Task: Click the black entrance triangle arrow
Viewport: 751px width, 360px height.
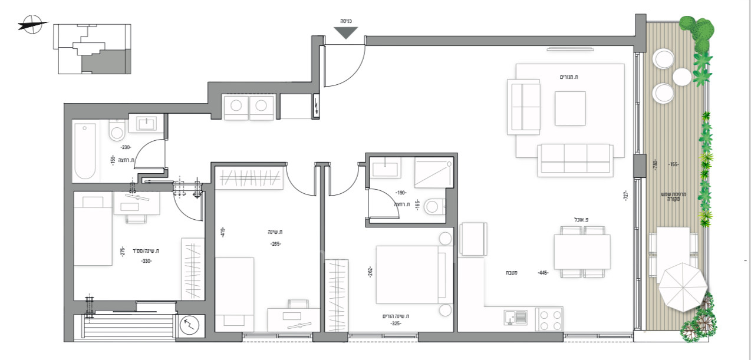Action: pos(346,33)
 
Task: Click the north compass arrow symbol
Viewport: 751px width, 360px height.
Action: pos(32,25)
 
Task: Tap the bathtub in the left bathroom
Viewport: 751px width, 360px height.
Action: pos(85,151)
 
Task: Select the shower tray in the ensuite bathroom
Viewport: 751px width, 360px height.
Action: pos(433,172)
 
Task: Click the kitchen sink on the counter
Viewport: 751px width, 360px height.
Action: pos(516,318)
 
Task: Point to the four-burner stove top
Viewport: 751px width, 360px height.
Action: pos(549,319)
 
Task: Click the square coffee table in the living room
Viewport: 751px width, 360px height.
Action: pos(570,108)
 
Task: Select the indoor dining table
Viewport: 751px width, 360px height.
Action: pos(582,252)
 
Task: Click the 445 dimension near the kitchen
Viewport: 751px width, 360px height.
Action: pos(544,273)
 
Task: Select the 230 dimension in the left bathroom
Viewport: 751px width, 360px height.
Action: pos(126,148)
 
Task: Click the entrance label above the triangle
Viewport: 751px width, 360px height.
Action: pos(346,21)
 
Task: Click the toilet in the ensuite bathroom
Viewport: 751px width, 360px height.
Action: pos(436,206)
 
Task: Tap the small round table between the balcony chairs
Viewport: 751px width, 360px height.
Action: pos(682,77)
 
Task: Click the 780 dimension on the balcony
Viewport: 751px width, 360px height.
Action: pos(656,165)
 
